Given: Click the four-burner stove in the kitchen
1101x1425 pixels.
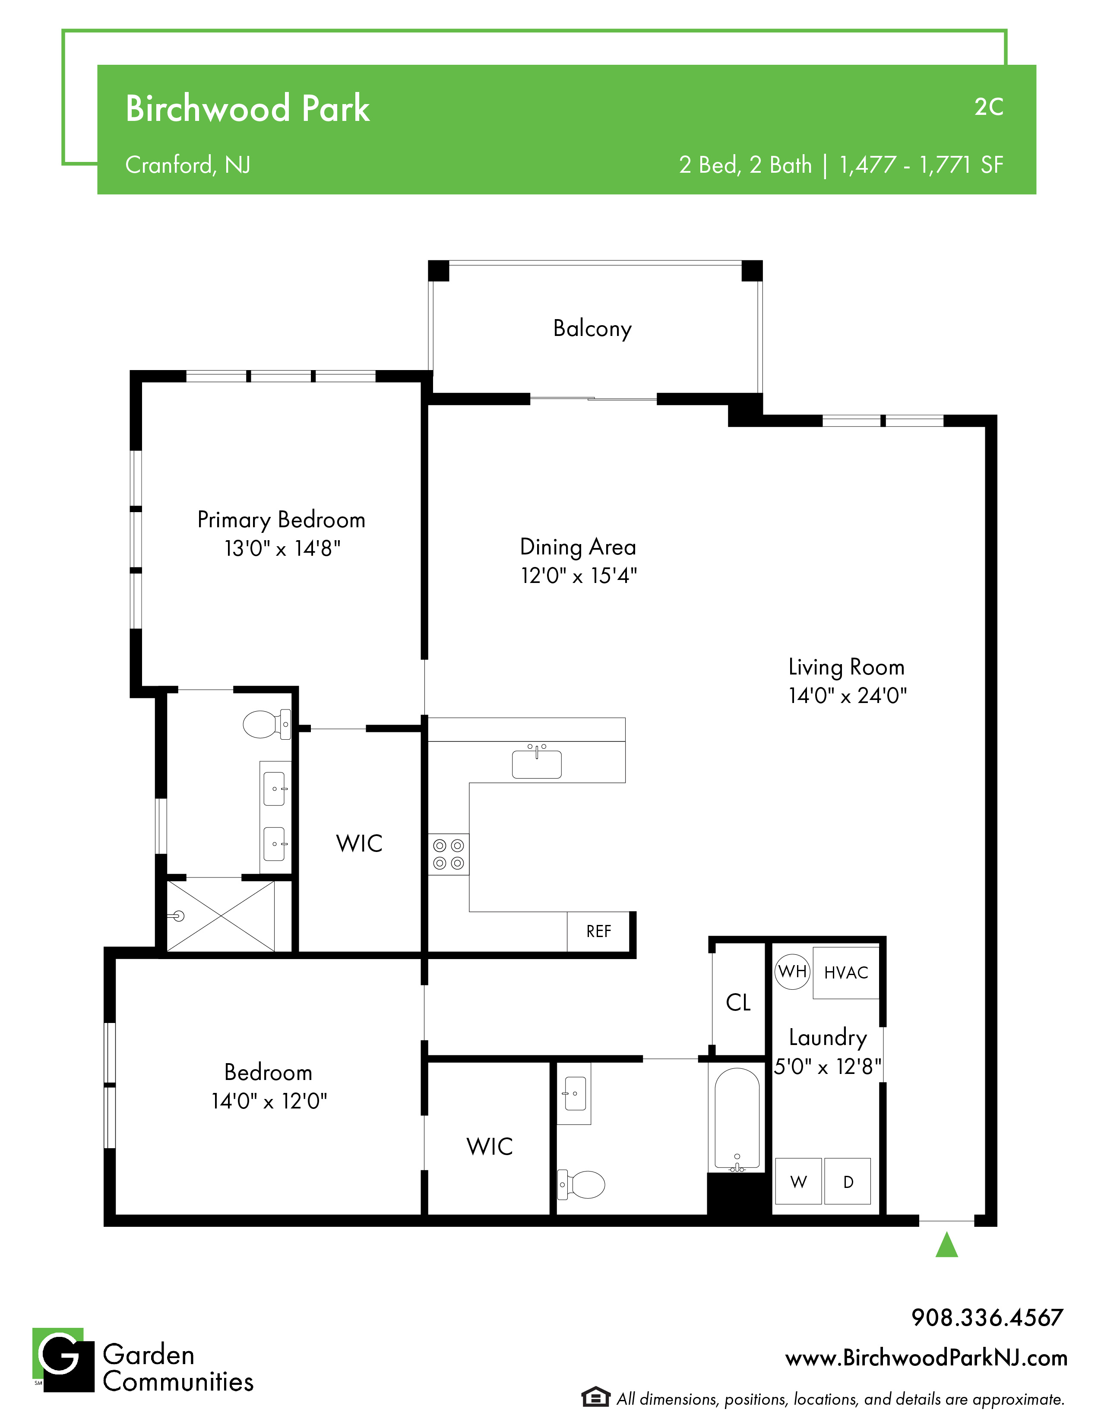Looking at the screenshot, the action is (449, 855).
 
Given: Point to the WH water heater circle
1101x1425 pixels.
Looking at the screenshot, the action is (792, 972).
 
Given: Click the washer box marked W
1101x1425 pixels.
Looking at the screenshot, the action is (798, 1181).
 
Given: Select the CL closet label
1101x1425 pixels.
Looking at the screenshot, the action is (738, 1002).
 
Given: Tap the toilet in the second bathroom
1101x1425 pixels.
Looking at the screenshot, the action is (581, 1184).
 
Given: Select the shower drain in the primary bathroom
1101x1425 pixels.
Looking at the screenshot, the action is (179, 916).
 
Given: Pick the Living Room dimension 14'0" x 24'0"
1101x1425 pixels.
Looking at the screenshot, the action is (847, 696).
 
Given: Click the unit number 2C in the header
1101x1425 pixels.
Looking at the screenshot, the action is (989, 108).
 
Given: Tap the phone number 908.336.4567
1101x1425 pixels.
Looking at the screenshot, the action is (987, 1317).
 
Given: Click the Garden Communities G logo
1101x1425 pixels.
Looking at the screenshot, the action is (63, 1360).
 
